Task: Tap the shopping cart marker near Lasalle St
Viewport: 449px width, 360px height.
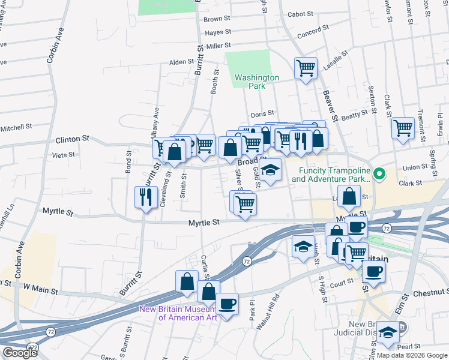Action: (x=306, y=68)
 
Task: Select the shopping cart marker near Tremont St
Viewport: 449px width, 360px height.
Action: (x=403, y=128)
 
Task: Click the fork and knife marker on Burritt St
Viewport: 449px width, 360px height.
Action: (x=146, y=197)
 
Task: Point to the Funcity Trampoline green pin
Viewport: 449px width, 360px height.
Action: (x=379, y=175)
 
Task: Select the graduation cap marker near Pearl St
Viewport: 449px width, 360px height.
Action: (x=388, y=334)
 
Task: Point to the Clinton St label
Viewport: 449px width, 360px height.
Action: (x=72, y=139)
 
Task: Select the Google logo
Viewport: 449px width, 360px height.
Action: (x=20, y=353)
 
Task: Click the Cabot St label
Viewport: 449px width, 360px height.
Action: (x=301, y=14)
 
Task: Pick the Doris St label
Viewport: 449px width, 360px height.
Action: (x=262, y=113)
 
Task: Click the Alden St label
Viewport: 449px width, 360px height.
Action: (x=181, y=62)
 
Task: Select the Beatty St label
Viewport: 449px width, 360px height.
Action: (x=354, y=113)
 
